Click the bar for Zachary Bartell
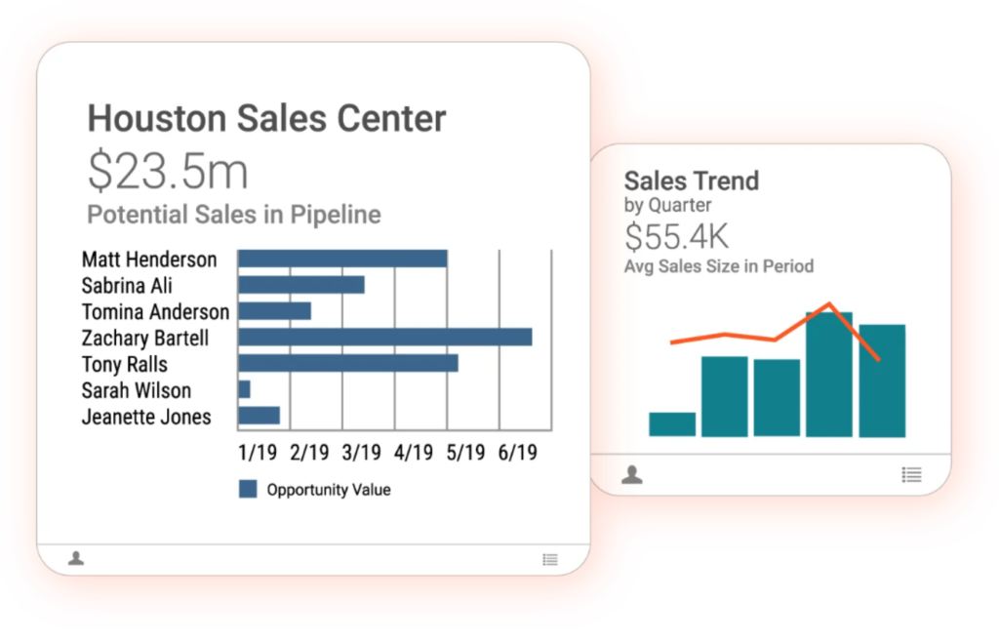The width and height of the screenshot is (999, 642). pos(384,337)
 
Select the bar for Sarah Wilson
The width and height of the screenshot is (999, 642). pos(244,389)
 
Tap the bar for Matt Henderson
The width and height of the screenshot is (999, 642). pos(342,259)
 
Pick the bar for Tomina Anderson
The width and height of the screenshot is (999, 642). pos(274,310)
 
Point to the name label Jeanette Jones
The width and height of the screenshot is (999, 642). pos(146,417)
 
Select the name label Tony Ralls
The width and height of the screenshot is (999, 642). pos(125,364)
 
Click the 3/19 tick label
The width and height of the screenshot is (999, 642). pos(361,453)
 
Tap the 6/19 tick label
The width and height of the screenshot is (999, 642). pos(518,453)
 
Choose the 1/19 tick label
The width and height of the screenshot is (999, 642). pos(257,453)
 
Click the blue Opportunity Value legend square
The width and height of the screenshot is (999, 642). pos(248,489)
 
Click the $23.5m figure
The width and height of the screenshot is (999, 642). pos(168,171)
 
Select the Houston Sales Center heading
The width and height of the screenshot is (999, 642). pos(266,119)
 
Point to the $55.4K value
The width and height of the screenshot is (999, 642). pos(676,236)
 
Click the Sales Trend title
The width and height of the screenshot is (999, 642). pos(691,181)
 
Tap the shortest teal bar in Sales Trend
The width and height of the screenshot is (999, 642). pos(672,424)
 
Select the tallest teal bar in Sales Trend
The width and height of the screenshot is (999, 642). pos(829,375)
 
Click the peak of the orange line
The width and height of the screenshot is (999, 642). pos(830,303)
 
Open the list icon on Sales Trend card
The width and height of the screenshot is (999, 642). pos(911,475)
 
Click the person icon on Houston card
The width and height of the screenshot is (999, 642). pos(76,558)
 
